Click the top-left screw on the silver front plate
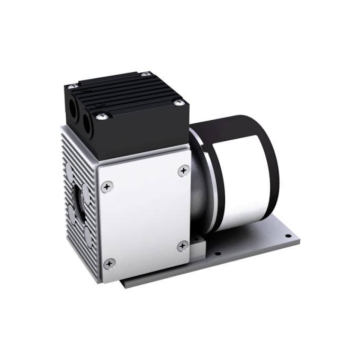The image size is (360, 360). point(108,186)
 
